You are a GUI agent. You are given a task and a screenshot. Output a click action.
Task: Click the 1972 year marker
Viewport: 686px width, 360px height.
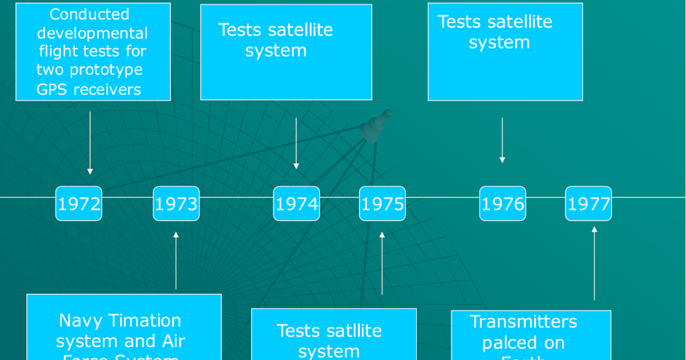click(x=79, y=204)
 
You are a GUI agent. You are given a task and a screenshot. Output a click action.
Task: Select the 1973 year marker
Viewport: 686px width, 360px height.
click(x=176, y=204)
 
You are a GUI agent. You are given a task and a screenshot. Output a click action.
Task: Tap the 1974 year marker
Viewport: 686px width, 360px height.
click(x=296, y=204)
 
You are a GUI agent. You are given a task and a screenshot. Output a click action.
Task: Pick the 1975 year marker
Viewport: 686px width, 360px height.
click(x=382, y=204)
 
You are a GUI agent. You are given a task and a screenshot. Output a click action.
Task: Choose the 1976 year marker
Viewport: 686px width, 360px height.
click(x=502, y=204)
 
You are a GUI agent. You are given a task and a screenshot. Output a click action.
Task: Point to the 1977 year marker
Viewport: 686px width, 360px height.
click(x=589, y=204)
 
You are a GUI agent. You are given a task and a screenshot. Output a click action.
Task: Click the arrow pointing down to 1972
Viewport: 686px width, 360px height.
click(x=90, y=143)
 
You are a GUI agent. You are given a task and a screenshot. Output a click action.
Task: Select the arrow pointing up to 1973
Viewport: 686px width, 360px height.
click(x=176, y=260)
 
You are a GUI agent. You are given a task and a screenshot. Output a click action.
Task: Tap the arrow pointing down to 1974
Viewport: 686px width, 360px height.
click(x=296, y=143)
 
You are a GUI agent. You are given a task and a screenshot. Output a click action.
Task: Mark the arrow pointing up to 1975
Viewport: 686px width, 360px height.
click(x=382, y=263)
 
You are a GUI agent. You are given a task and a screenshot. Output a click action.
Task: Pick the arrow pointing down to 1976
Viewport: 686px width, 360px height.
click(x=502, y=141)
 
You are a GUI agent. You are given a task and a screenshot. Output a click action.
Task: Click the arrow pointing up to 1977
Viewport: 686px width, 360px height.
click(x=595, y=263)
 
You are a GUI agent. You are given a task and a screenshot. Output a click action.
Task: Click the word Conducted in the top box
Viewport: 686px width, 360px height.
click(x=90, y=14)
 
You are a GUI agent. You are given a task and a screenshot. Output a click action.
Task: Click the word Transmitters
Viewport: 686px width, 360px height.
click(x=523, y=322)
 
